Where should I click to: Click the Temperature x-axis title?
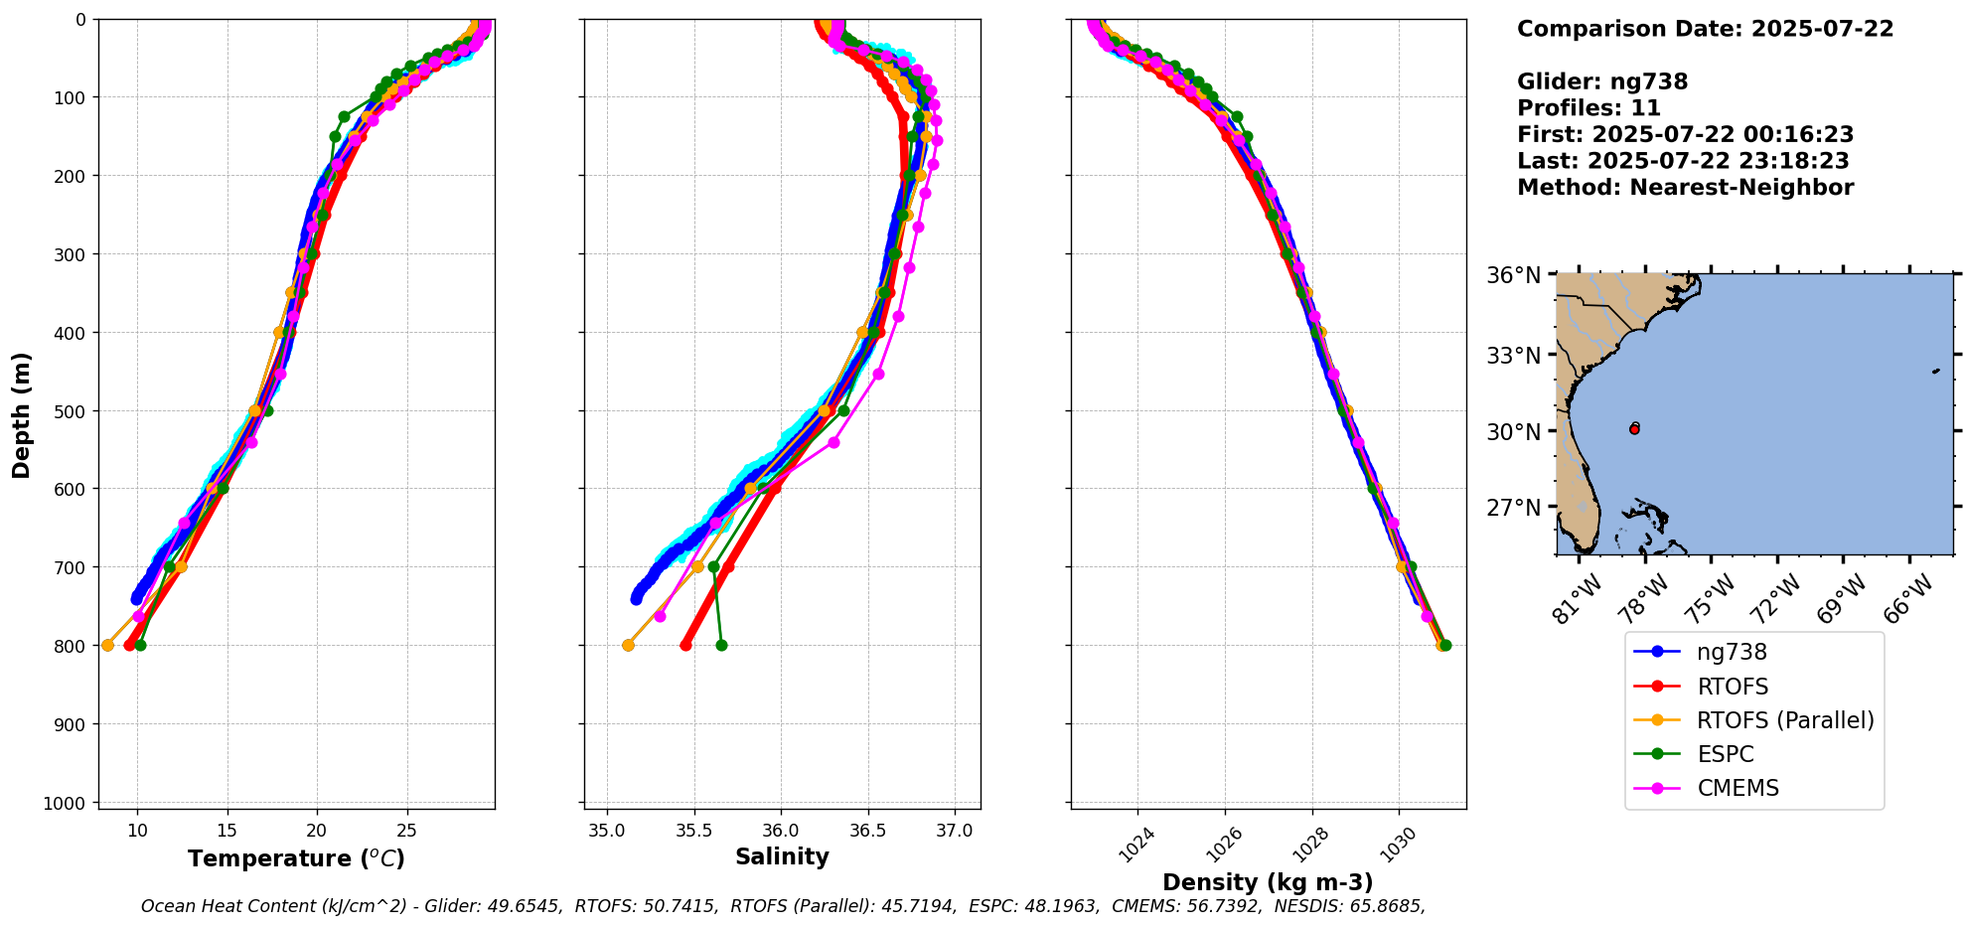296,858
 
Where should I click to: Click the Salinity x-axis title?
782,856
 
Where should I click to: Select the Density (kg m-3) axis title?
1268,882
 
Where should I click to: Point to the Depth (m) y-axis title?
22,414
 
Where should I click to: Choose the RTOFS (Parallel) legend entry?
1785,720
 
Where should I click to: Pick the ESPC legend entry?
1725,754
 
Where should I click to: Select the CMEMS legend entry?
1738,788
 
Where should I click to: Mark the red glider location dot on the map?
1634,428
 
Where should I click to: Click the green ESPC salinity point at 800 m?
721,645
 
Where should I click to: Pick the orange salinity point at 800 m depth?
628,645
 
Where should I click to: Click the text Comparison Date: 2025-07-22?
1705,29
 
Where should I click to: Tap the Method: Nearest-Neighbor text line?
1685,188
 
